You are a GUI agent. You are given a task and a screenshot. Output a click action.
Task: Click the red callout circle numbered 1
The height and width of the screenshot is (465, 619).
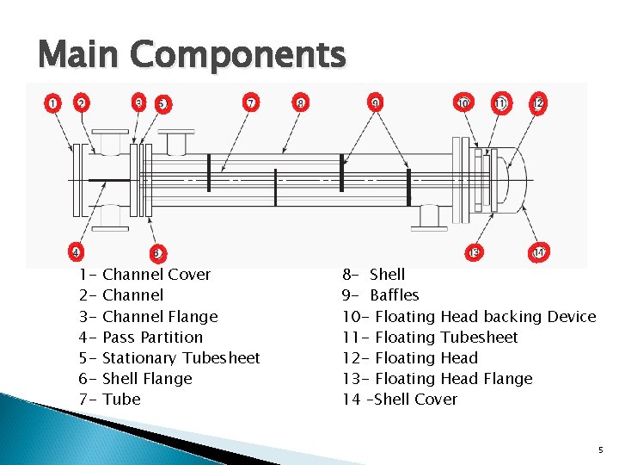pos(53,103)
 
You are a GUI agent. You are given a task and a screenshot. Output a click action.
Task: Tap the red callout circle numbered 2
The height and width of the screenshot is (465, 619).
pos(81,103)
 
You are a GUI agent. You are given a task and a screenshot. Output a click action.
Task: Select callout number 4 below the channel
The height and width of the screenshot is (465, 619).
pos(77,252)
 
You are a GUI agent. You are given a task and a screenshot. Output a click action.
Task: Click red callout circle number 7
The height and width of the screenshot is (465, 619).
pos(251,103)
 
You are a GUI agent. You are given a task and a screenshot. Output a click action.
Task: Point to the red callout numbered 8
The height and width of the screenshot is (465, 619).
pos(300,103)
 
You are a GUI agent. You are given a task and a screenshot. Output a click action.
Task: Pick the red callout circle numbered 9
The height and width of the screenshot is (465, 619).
pos(376,103)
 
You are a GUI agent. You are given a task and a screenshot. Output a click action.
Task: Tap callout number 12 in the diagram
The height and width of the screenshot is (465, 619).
pos(538,103)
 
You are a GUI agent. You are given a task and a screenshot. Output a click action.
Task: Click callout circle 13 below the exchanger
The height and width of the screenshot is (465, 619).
pos(475,252)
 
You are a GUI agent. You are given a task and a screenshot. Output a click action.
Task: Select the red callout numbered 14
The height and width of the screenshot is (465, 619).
pos(540,252)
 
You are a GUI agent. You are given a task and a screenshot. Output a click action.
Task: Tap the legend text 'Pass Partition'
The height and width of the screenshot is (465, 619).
pos(152,338)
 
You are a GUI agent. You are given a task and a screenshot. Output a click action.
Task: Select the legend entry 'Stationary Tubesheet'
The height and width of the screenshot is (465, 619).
pos(181,358)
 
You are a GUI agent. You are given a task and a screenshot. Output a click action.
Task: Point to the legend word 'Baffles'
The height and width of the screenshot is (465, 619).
pos(395,295)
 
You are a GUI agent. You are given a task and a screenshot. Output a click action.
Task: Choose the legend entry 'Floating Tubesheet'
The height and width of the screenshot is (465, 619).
pos(447,338)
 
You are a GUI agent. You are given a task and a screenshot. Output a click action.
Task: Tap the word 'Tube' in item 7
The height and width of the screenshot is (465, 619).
pos(121,400)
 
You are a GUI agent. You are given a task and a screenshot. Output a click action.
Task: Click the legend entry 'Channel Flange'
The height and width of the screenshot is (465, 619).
pos(160,317)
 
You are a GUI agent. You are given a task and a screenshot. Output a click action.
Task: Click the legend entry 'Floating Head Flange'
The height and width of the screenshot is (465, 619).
pos(454,379)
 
